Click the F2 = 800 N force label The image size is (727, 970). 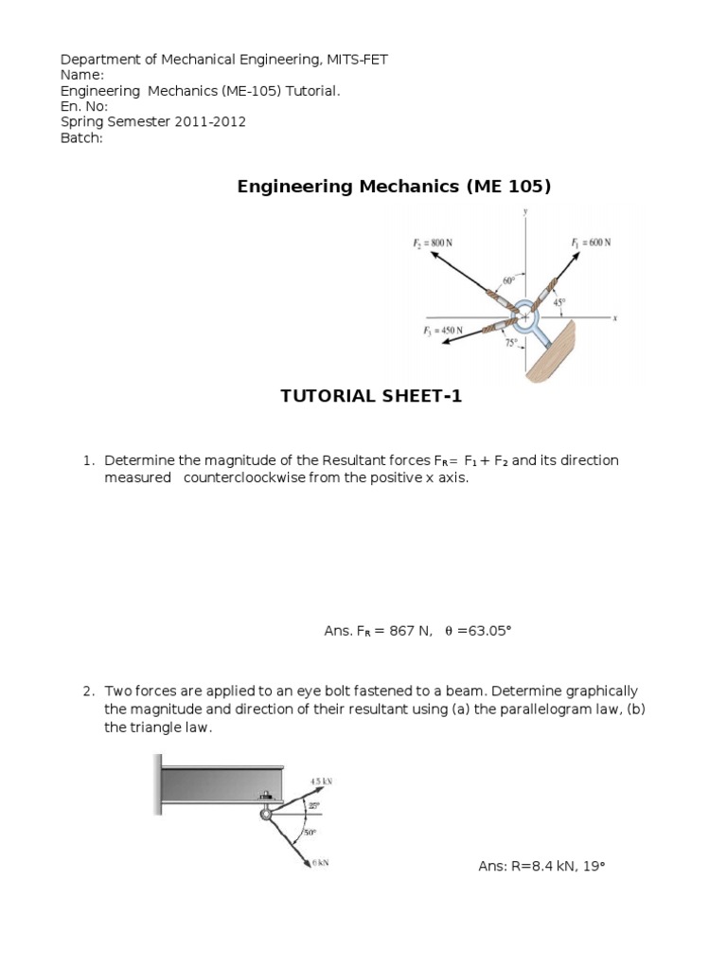point(432,242)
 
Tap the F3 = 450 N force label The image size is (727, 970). point(443,331)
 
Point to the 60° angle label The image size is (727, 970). point(508,281)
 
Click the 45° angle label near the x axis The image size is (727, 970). point(560,303)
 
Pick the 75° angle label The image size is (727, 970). point(510,344)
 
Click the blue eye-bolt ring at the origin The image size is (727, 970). point(525,318)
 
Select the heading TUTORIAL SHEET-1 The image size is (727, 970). point(371,396)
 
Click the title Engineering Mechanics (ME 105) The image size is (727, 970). point(393,187)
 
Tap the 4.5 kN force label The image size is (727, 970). point(321,781)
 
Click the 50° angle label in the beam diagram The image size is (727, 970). point(309,834)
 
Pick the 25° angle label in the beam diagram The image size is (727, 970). point(313,805)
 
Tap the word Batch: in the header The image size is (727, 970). point(81,137)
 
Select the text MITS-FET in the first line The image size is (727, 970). point(357,60)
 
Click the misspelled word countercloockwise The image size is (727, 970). point(244,477)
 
